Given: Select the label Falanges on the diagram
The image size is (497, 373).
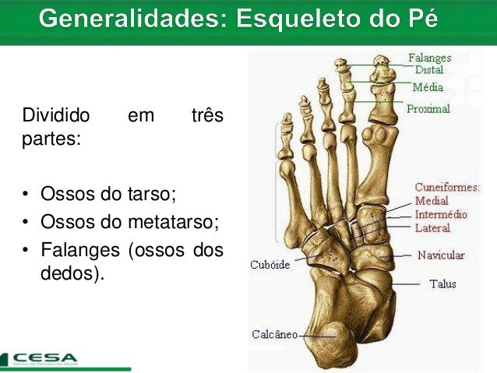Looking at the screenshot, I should [430, 58].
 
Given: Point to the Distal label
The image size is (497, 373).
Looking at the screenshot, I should [429, 69].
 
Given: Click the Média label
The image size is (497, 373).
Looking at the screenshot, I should [428, 87].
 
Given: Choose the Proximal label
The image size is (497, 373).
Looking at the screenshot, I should [428, 109].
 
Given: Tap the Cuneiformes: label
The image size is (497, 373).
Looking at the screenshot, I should [447, 188].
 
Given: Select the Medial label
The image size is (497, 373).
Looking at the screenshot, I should [432, 201].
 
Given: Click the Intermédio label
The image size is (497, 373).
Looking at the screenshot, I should [441, 214].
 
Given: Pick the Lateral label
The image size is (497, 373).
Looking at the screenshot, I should [432, 227].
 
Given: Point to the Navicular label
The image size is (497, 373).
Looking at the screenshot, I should [440, 255].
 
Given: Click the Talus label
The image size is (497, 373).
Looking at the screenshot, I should [443, 284].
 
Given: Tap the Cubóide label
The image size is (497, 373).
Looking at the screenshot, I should [270, 265].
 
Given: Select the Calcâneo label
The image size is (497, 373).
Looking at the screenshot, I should [274, 334].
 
